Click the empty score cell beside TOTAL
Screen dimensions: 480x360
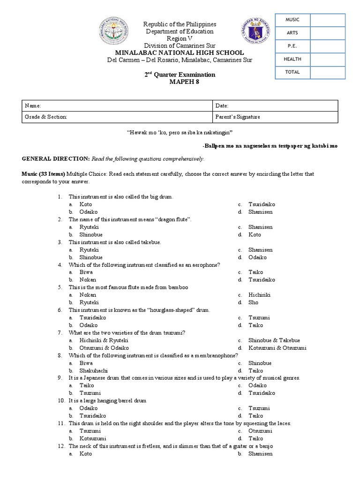coord(328,73)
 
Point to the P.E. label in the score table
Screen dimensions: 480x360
coord(292,46)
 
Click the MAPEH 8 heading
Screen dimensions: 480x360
coord(180,82)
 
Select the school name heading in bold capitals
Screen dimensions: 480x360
coord(180,52)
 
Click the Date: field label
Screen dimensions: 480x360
coord(222,106)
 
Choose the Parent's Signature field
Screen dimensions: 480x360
coord(237,117)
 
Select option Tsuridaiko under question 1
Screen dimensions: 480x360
coord(262,204)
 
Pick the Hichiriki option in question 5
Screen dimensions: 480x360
coord(260,295)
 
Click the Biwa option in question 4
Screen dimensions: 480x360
coord(86,272)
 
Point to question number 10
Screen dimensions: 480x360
coord(61,401)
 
